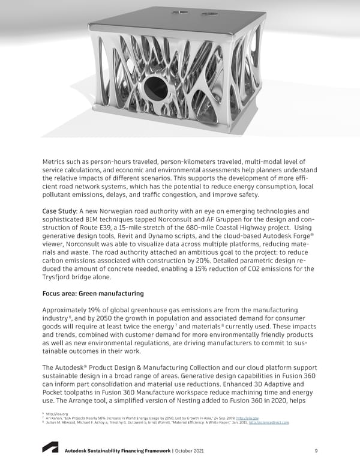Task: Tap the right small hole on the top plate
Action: [210, 13]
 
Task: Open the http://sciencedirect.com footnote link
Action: [269, 423]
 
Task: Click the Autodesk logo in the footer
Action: [49, 449]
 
